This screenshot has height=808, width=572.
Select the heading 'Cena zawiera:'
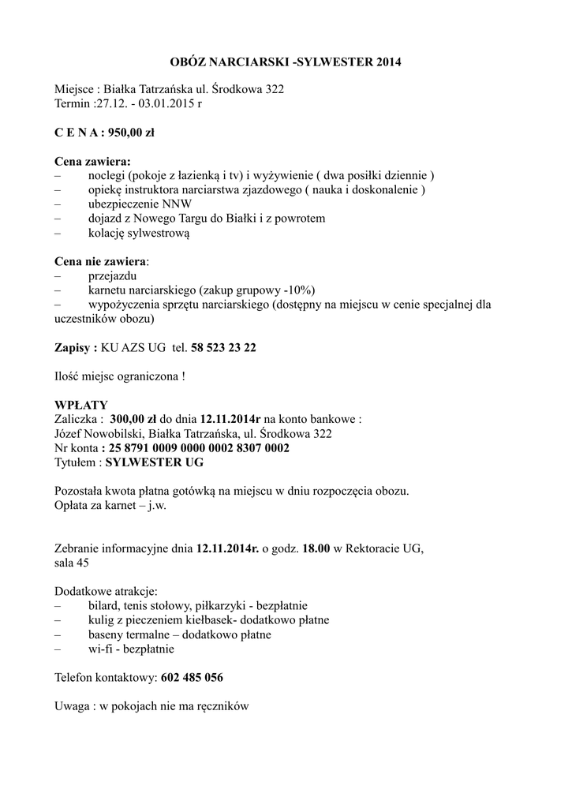[x=92, y=161]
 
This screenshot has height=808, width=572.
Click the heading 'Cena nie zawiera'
[x=100, y=261]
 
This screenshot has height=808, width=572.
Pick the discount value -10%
[x=297, y=290]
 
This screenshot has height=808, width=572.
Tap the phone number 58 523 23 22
[x=223, y=347]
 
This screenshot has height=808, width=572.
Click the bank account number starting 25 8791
[x=201, y=447]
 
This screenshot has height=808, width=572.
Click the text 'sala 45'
[x=72, y=563]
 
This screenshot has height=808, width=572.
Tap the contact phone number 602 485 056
[x=192, y=677]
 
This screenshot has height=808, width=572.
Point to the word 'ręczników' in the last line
[x=222, y=706]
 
